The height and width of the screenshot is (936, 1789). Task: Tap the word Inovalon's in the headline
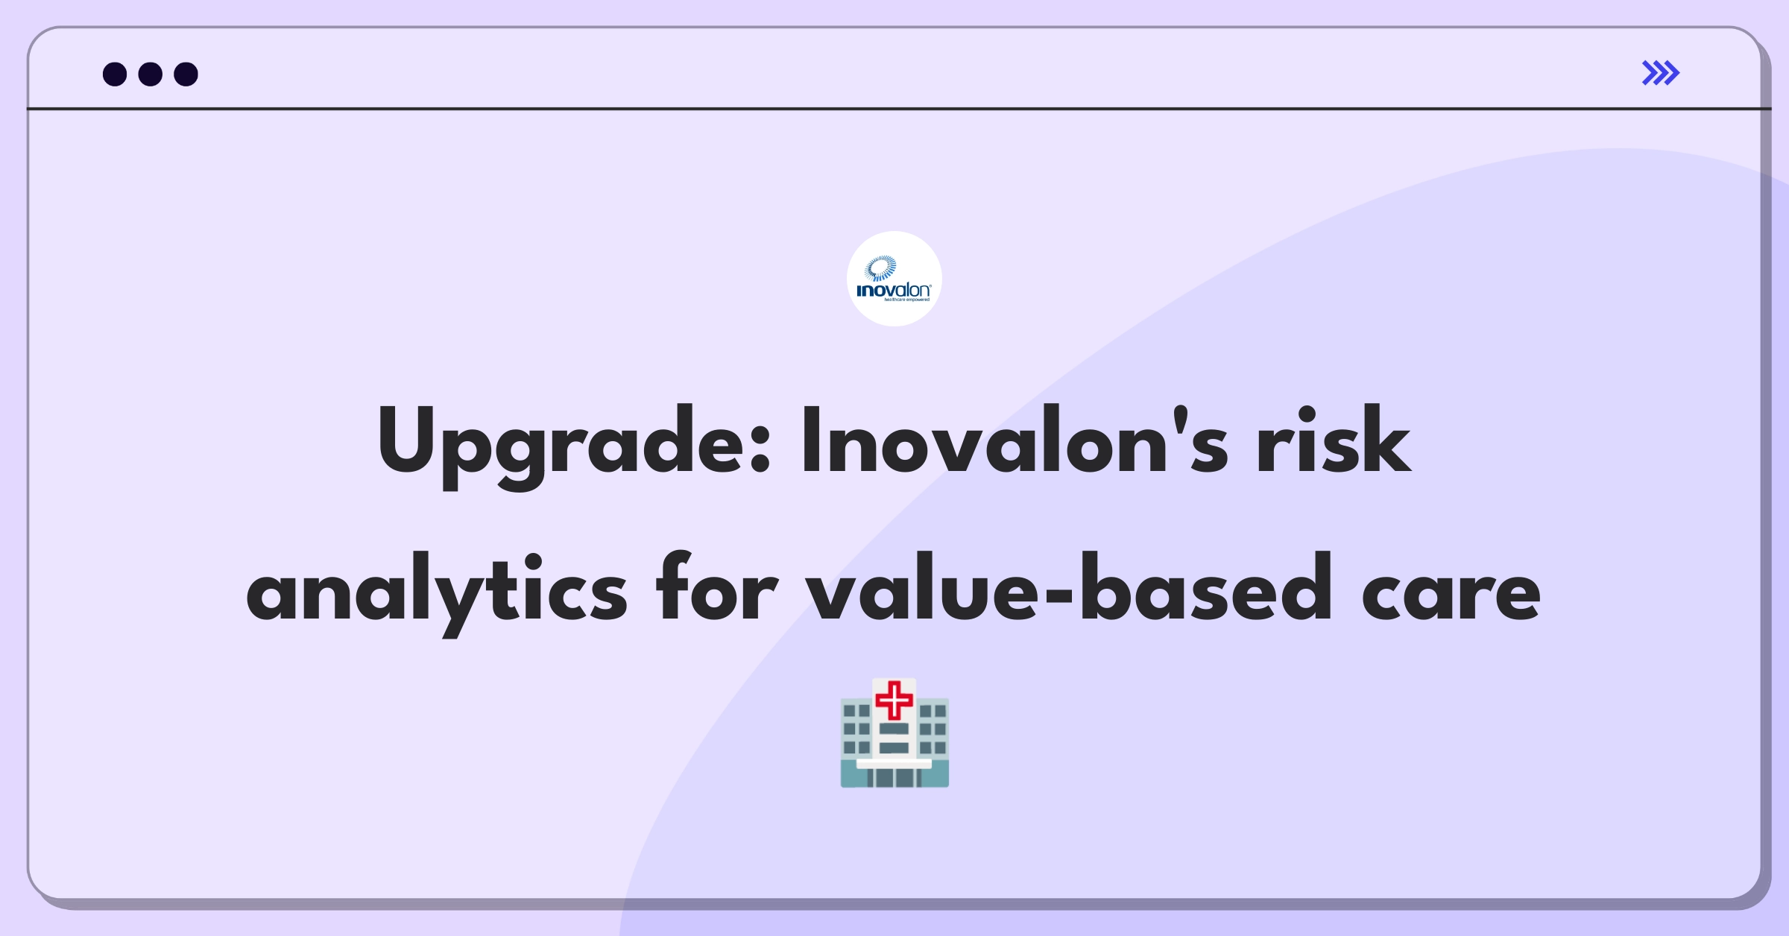(1015, 440)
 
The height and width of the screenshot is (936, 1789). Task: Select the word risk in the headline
(1334, 440)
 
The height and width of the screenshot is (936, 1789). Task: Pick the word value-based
(1069, 587)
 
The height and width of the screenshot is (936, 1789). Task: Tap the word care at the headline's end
(1451, 596)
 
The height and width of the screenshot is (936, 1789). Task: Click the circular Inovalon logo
(894, 279)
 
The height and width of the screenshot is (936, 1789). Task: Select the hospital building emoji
(894, 733)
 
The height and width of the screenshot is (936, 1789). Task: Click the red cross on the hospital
(894, 700)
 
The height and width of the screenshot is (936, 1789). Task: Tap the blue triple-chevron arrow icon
(1661, 73)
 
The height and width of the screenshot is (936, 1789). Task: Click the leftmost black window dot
(115, 74)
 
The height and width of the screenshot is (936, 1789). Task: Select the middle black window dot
(151, 74)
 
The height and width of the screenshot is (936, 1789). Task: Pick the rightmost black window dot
(186, 74)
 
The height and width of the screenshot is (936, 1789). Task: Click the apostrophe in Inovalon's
(1178, 420)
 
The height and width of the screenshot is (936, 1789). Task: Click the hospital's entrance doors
(894, 777)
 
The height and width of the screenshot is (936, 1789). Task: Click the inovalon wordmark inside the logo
(894, 290)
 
